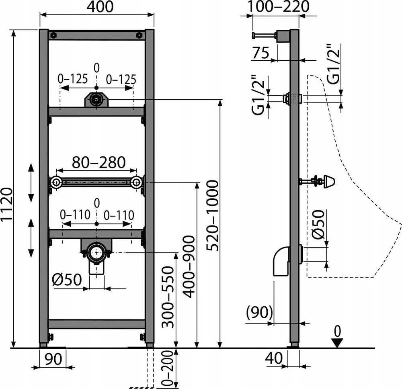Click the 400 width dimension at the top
click(x=100, y=7)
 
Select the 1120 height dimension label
click(x=7, y=204)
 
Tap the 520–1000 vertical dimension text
click(x=213, y=215)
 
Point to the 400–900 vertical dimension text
click(x=189, y=267)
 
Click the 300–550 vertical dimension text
click(x=168, y=297)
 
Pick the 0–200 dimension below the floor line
click(x=168, y=368)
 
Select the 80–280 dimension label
click(x=99, y=162)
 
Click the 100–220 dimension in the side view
click(x=279, y=7)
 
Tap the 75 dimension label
click(x=261, y=53)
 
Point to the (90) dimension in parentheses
click(x=259, y=313)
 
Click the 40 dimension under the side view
click(x=274, y=358)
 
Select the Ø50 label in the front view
click(x=67, y=280)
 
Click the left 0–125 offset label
click(x=72, y=79)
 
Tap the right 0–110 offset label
click(x=119, y=215)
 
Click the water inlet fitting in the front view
click(x=96, y=100)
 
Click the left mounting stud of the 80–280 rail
click(x=55, y=182)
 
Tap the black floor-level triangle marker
click(x=337, y=343)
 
